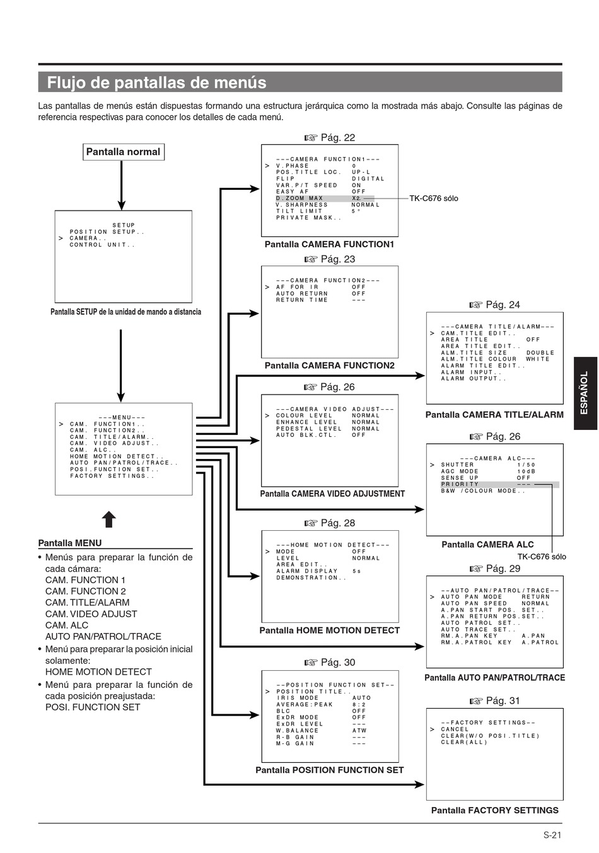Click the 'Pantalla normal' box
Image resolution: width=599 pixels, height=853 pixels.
pyautogui.click(x=124, y=151)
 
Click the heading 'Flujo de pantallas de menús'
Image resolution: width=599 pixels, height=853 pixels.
pyautogui.click(x=156, y=82)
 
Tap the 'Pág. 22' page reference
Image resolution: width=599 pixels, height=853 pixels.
pyautogui.click(x=330, y=137)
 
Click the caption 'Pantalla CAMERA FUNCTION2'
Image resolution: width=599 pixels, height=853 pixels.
pyautogui.click(x=329, y=366)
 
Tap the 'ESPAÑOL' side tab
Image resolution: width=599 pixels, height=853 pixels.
pyautogui.click(x=585, y=393)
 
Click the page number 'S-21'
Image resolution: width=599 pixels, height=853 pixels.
pyautogui.click(x=552, y=835)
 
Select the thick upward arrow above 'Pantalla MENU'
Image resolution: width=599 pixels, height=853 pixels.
pyautogui.click(x=109, y=519)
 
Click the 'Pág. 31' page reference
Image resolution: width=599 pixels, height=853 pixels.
pyautogui.click(x=495, y=700)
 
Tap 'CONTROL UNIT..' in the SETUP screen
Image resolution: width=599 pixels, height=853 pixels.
pyautogui.click(x=102, y=245)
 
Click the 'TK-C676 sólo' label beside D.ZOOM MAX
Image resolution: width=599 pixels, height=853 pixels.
pyautogui.click(x=434, y=199)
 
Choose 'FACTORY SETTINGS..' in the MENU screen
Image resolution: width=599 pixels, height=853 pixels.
pyautogui.click(x=112, y=476)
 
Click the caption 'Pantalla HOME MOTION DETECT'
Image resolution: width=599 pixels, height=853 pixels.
pyautogui.click(x=329, y=630)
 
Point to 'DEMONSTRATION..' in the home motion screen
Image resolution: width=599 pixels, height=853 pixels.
pyautogui.click(x=311, y=577)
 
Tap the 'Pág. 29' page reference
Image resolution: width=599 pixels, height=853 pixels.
pyautogui.click(x=495, y=569)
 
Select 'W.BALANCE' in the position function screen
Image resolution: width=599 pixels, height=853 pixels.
pyautogui.click(x=297, y=731)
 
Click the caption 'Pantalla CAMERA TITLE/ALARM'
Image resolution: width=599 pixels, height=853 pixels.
pyautogui.click(x=494, y=415)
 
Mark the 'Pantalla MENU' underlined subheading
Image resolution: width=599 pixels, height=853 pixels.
pyautogui.click(x=70, y=543)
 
